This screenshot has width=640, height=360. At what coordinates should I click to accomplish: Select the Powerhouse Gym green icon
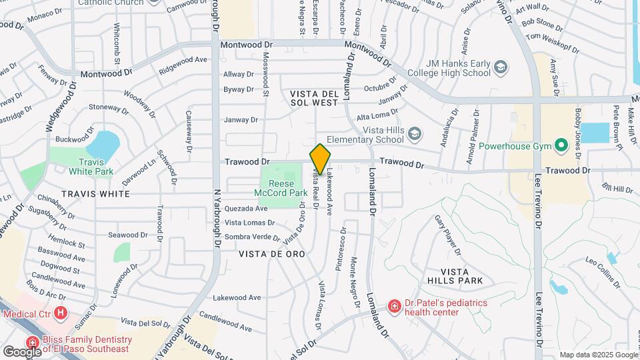point(561,145)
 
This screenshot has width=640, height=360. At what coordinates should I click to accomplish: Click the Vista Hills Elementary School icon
point(414,135)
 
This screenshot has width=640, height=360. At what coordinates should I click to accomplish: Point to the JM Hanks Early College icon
point(500,67)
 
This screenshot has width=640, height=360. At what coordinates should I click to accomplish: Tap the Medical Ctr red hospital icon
point(61,312)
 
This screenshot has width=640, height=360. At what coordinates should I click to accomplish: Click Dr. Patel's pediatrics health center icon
point(394,307)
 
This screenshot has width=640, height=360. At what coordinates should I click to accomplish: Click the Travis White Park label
point(91,165)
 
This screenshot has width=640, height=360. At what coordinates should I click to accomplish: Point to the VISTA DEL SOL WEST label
point(315,98)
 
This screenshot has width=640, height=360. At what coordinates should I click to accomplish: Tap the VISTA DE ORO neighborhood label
point(271,254)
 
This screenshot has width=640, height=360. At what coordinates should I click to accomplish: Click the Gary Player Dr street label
point(448,235)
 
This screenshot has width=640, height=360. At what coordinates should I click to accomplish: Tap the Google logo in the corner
point(21,351)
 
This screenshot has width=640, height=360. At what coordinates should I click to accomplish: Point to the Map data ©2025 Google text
point(597,355)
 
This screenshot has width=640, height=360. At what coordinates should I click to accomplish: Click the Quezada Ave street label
point(246,208)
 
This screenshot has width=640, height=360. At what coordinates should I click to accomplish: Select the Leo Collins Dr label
point(603,269)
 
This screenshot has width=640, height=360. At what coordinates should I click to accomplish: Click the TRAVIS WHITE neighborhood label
point(95,193)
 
